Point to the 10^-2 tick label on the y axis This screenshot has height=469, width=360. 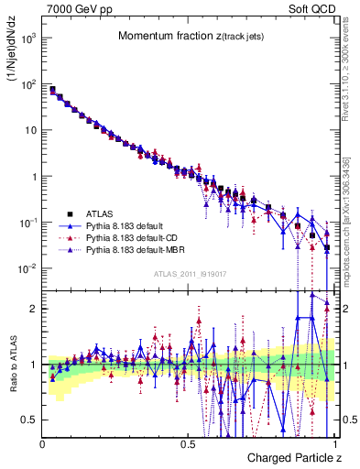point(27,268)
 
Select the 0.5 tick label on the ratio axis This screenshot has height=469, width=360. point(30,420)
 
